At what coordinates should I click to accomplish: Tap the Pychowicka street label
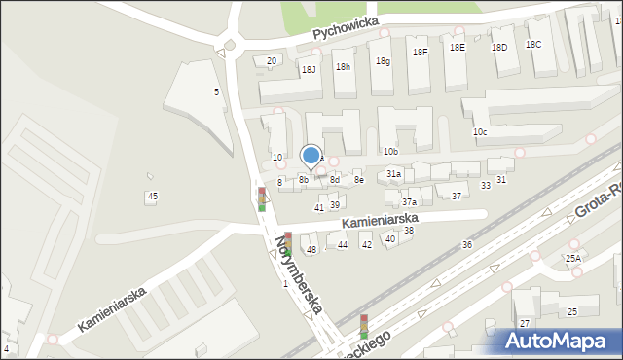click(x=349, y=29)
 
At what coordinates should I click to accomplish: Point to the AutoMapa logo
click(x=560, y=341)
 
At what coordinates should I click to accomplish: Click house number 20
click(x=272, y=61)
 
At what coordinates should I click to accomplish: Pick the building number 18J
click(x=309, y=69)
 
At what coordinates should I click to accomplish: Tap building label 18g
click(x=384, y=61)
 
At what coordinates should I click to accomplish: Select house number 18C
click(x=533, y=45)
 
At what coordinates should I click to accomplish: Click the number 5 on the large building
click(x=216, y=91)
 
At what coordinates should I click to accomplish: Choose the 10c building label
click(x=480, y=131)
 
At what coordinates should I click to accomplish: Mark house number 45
click(x=152, y=197)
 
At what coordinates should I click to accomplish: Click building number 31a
click(x=393, y=173)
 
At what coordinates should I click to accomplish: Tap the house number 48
click(x=311, y=250)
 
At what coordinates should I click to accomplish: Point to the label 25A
click(x=573, y=258)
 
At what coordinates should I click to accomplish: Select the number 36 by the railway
click(x=467, y=244)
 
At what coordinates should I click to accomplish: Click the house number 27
click(x=524, y=323)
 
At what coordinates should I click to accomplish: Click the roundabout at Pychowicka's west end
click(x=231, y=44)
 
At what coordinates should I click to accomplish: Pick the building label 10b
click(x=390, y=152)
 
